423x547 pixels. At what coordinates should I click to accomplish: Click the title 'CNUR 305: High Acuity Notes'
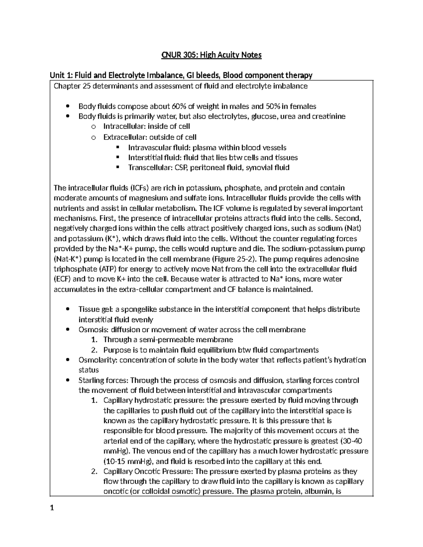[x=211, y=55]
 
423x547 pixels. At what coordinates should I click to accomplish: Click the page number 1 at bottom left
[x=52, y=508]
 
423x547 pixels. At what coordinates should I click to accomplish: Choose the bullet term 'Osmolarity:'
[x=98, y=360]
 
